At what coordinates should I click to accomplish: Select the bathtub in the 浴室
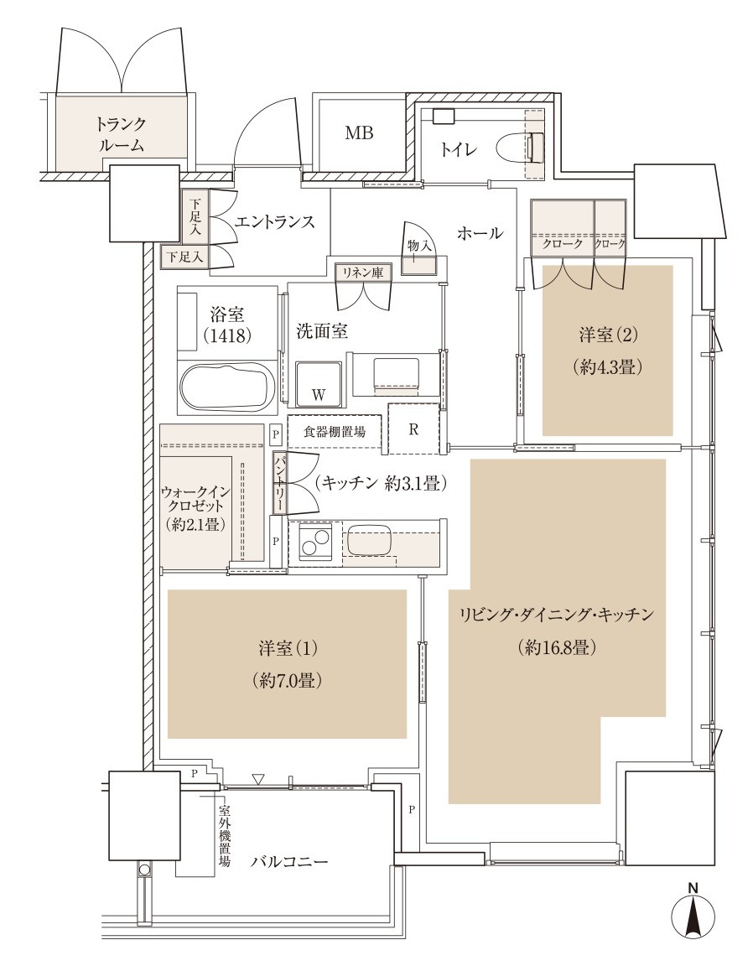coord(228,387)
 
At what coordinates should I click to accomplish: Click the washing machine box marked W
coord(318,383)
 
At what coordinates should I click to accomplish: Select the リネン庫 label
coord(361,272)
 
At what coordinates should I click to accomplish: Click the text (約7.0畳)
coord(288,680)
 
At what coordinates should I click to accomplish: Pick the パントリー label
coord(279,484)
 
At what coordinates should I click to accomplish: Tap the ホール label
coord(480,233)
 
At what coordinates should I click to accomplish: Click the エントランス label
coord(275,222)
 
